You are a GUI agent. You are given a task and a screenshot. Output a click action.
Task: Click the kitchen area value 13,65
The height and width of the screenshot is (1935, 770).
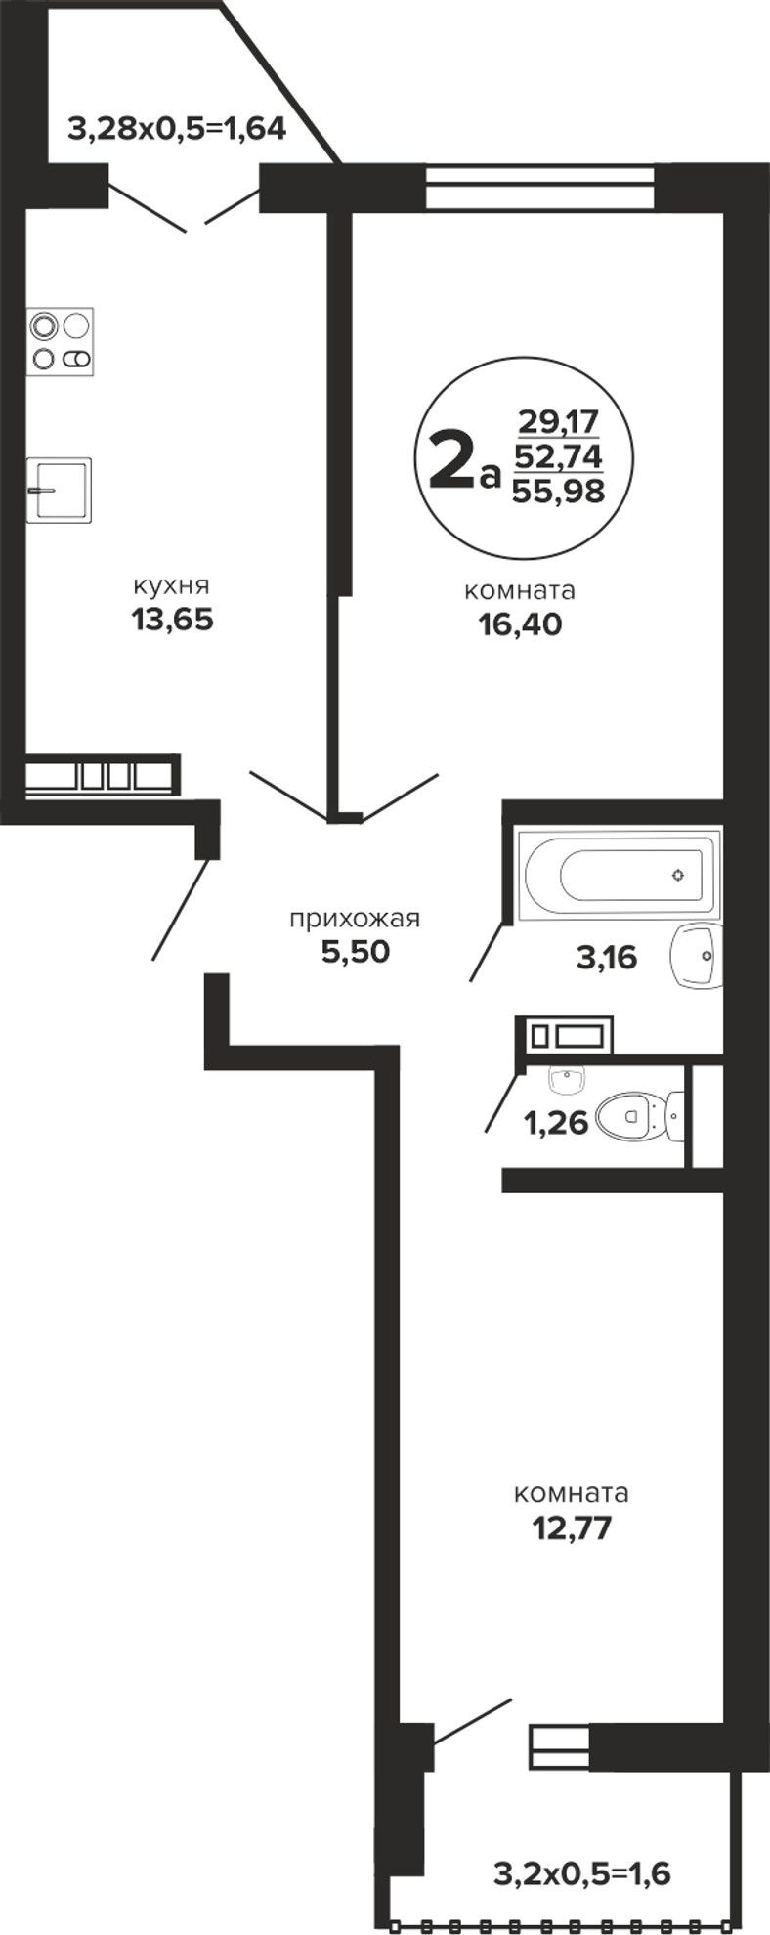[x=172, y=620]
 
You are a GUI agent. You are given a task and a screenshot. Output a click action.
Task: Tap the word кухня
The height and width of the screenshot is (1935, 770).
[x=172, y=586]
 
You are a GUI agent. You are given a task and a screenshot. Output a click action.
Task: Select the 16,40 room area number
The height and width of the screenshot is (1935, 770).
[x=520, y=624]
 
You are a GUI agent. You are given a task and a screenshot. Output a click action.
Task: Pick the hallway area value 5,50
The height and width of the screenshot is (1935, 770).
[x=356, y=951]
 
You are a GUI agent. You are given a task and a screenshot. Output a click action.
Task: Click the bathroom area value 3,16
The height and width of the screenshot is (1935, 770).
[x=607, y=958]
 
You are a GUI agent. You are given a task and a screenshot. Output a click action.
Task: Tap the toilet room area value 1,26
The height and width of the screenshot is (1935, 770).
[x=557, y=1123]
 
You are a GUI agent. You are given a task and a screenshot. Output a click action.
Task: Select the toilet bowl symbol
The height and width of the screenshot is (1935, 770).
[x=640, y=1114]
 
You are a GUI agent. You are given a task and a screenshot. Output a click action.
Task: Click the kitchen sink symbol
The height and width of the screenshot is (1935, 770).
[x=59, y=489]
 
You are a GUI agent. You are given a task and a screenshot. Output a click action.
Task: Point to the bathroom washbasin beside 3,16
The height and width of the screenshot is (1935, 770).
[x=697, y=955]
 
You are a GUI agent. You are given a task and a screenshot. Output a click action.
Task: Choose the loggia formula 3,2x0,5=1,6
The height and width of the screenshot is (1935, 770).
[x=582, y=1873]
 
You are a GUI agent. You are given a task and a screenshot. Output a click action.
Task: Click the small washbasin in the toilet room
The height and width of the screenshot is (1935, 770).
[x=568, y=1079]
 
